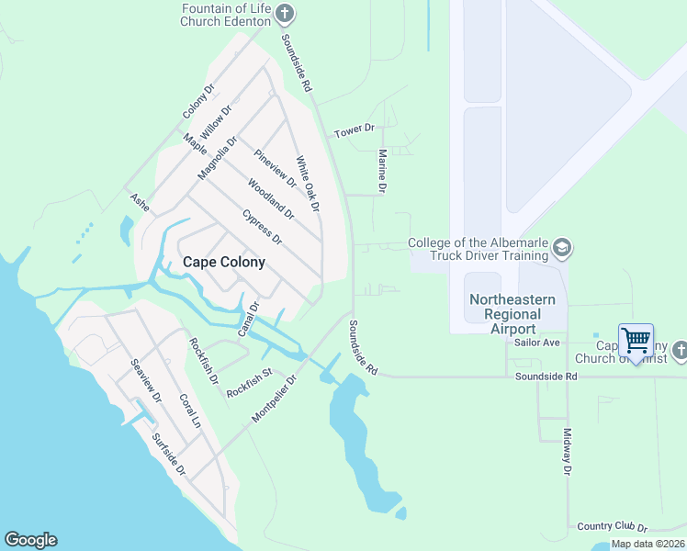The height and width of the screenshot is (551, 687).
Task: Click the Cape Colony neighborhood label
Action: tap(224, 262)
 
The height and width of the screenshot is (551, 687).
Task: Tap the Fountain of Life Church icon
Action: tap(285, 13)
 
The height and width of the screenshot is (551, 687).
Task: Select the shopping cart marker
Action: tap(636, 341)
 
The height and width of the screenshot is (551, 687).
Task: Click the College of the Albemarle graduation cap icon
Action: tap(562, 248)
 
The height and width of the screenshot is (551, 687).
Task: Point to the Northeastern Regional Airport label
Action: tap(513, 314)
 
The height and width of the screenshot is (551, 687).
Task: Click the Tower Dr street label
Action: tap(355, 131)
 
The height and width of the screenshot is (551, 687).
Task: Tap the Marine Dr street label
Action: tap(383, 172)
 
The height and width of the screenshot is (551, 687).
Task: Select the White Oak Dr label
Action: tap(307, 185)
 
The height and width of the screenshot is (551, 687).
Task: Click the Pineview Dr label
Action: tap(276, 168)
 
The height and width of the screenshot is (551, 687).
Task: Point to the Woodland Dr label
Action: tap(271, 198)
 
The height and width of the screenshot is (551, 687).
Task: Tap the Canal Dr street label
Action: tap(249, 318)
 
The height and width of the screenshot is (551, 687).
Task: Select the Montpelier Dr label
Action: tap(276, 399)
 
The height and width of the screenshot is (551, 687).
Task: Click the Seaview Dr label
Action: tap(146, 381)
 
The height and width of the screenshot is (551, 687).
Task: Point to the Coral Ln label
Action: tap(189, 412)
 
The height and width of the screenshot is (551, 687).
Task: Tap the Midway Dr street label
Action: tap(567, 452)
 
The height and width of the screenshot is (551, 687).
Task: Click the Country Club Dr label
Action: tap(613, 527)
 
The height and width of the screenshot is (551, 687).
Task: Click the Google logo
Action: tap(30, 540)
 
